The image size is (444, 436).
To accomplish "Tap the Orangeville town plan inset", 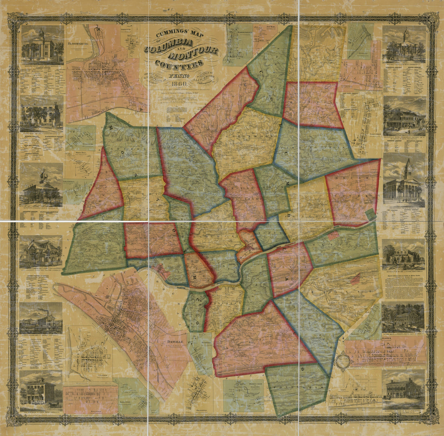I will (x=197, y=393).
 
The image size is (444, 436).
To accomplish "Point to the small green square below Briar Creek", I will (x=370, y=215).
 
